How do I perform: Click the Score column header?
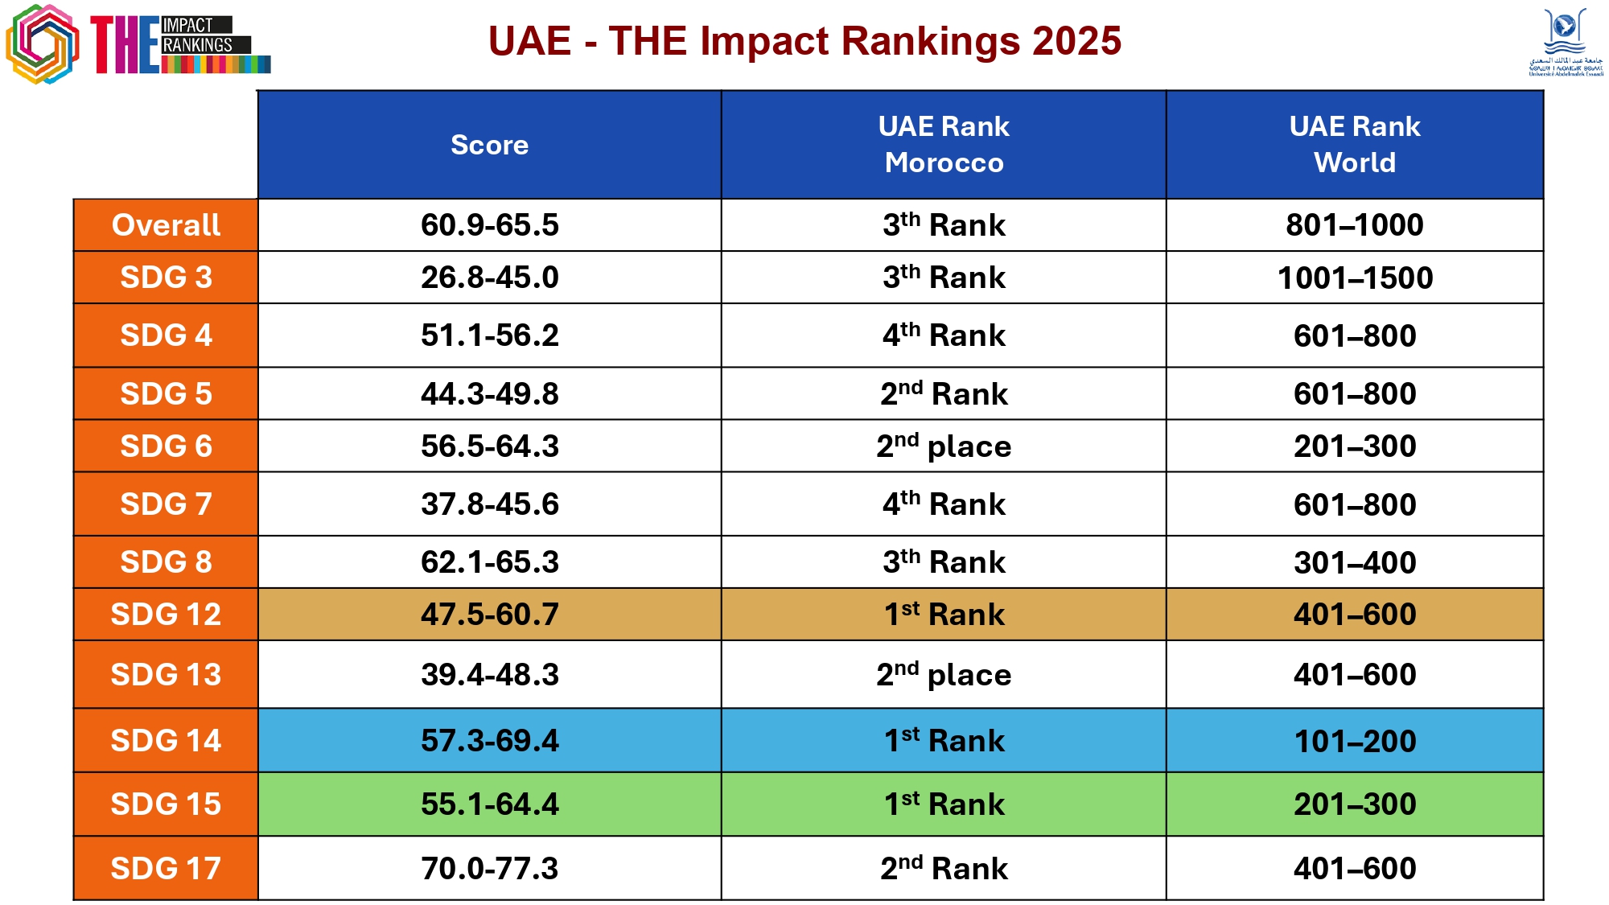(489, 145)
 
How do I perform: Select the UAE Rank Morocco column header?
(944, 145)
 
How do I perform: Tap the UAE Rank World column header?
(1355, 145)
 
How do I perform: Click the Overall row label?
(166, 225)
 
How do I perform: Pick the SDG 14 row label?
(166, 740)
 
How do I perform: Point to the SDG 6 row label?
(166, 446)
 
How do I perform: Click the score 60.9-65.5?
(489, 225)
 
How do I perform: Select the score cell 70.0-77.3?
(489, 868)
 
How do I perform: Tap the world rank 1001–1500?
(1355, 278)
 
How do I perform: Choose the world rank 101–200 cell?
(1355, 741)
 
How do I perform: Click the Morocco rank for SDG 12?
(944, 615)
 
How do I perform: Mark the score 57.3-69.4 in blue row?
(489, 740)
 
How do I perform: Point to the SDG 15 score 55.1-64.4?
(489, 804)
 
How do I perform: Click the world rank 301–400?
(1355, 562)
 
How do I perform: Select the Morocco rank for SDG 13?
(944, 675)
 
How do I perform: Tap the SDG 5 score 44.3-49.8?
(489, 393)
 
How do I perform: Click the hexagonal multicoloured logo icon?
(43, 43)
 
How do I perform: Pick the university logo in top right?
(1565, 42)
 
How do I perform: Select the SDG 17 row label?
(166, 868)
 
